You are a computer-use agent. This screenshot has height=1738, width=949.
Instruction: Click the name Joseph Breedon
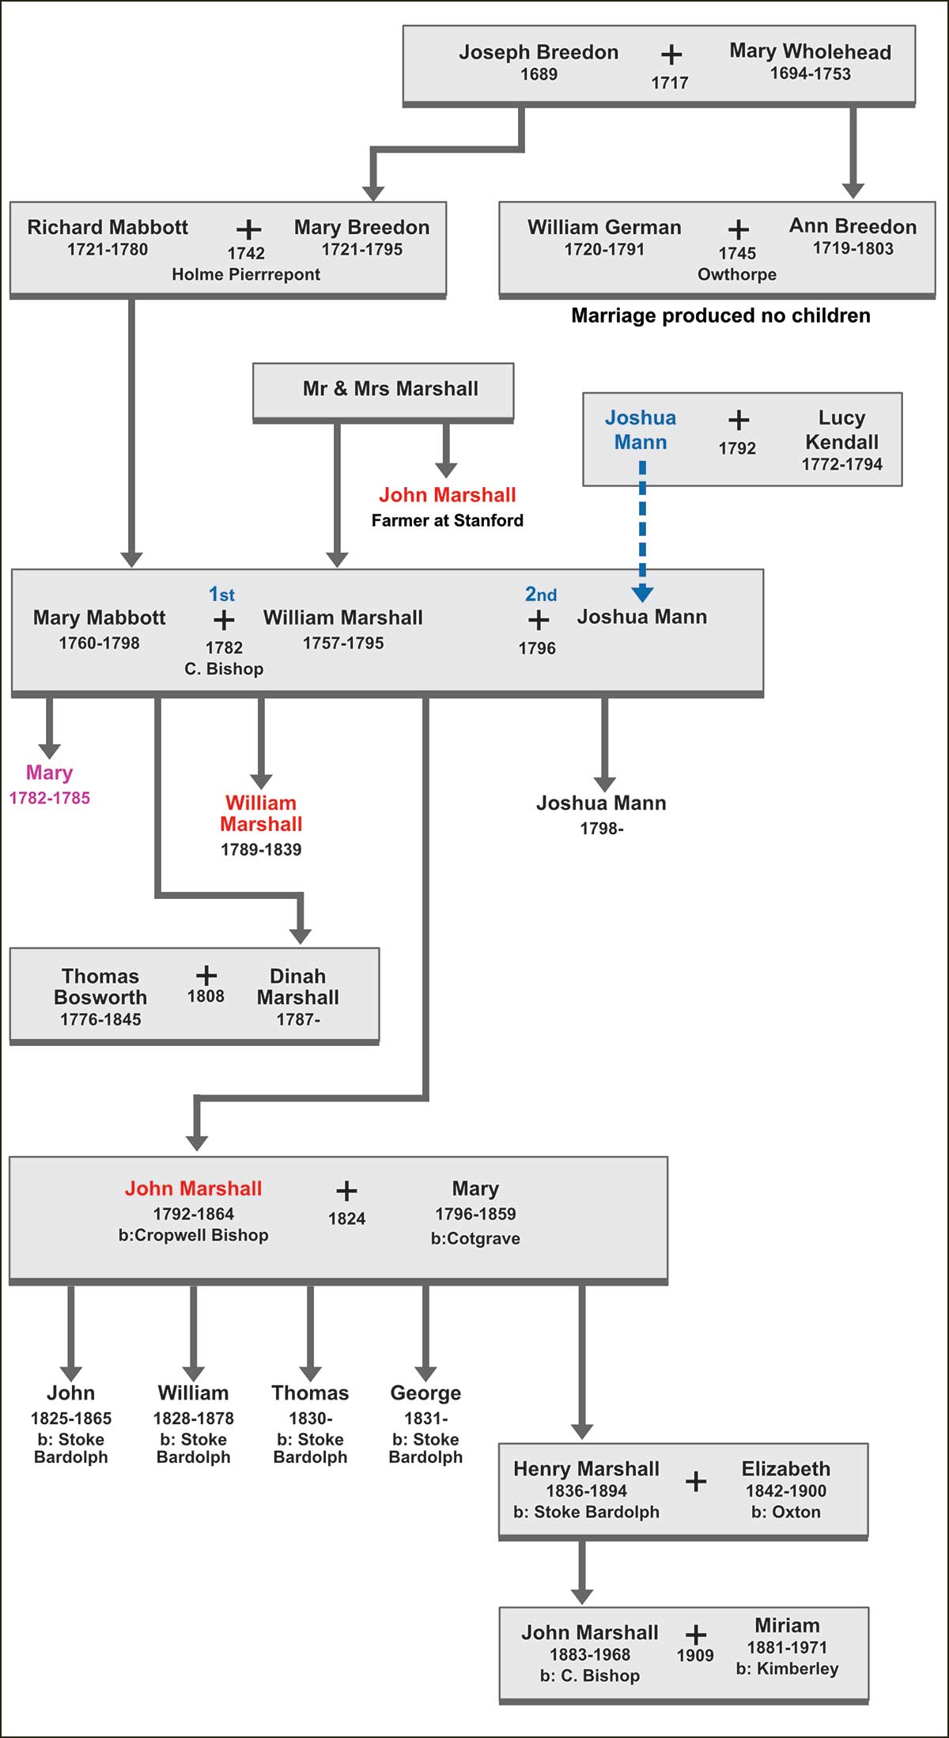(x=539, y=52)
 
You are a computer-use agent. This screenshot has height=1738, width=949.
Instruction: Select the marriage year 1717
(x=669, y=82)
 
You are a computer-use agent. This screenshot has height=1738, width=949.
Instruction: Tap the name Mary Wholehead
(x=810, y=51)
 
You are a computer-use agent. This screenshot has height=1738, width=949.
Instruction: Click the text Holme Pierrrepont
(x=246, y=274)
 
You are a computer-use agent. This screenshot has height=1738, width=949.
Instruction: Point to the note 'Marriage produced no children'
(x=720, y=315)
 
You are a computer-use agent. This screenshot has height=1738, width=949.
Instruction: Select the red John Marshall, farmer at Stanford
(x=447, y=495)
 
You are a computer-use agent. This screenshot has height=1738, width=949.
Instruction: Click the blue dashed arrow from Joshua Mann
(x=642, y=530)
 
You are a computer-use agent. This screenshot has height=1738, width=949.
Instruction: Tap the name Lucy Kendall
(x=841, y=429)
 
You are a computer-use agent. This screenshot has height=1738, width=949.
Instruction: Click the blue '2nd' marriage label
(x=541, y=594)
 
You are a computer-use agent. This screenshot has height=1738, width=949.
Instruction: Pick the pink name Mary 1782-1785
(x=49, y=773)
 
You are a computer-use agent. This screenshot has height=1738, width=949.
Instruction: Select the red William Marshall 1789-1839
(x=261, y=813)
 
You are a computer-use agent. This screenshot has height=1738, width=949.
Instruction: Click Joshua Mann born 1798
(x=601, y=803)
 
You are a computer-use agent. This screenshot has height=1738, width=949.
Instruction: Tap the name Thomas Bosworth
(x=100, y=986)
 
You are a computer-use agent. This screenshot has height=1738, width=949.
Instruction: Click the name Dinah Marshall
(x=297, y=986)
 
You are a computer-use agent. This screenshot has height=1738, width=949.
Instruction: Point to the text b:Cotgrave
(x=475, y=1238)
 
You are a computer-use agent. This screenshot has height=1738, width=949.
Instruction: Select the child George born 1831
(x=425, y=1392)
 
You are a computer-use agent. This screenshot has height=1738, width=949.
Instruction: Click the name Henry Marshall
(x=586, y=1468)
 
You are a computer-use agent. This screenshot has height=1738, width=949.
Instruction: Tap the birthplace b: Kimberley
(x=787, y=1668)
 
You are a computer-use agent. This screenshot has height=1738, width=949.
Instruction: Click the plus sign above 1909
(x=696, y=1634)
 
